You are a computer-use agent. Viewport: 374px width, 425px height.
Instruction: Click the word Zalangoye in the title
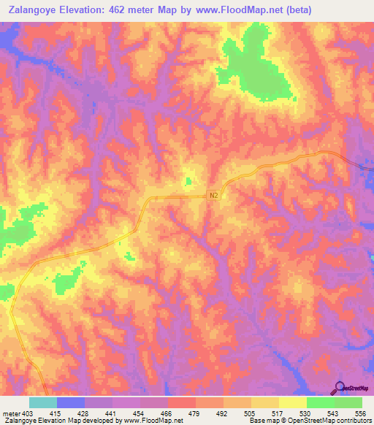coord(31,10)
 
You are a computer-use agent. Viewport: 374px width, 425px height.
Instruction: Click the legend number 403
coord(23,413)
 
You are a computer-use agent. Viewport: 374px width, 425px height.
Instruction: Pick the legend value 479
coord(195,413)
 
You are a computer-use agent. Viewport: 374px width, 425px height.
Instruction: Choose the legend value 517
coord(278,413)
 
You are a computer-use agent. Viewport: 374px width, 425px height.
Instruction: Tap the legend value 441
coord(112,413)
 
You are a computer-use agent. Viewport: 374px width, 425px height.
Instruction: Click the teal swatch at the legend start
coord(42,402)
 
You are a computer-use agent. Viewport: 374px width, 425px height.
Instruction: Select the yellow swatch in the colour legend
coord(292,402)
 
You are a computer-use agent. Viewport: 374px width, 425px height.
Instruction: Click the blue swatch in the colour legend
coord(71,402)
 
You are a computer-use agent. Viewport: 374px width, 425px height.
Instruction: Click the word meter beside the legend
coord(8,413)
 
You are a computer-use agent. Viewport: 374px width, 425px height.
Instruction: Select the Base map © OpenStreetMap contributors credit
coord(310,421)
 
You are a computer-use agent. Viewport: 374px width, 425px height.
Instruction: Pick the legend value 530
coord(306,413)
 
